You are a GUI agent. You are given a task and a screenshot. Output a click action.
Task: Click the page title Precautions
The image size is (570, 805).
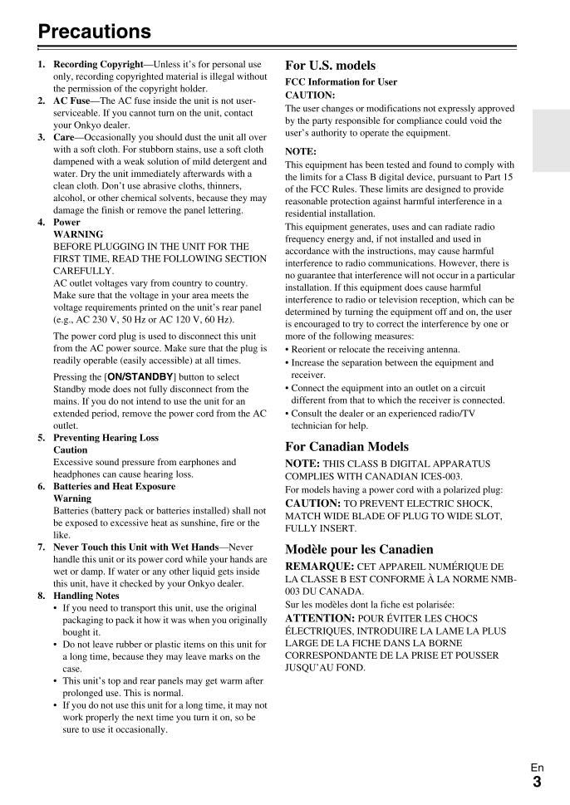point(95,32)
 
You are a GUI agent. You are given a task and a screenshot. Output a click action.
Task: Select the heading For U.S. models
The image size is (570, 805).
point(330,65)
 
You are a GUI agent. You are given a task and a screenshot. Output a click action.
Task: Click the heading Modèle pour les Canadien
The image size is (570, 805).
point(358,549)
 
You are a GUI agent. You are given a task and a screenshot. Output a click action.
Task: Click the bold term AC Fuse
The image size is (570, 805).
point(71,101)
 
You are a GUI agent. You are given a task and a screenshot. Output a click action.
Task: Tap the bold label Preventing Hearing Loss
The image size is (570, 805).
point(106,438)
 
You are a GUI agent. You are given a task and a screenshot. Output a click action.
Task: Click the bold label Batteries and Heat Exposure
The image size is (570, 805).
point(114,486)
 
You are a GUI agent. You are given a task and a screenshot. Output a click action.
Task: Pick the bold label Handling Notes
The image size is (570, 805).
point(86,596)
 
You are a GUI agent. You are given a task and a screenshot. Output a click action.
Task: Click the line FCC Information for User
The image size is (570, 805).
point(341,82)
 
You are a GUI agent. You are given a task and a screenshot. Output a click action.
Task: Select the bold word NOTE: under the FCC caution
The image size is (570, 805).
point(301,151)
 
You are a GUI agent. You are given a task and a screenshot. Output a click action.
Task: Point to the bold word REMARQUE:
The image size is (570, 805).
point(319,566)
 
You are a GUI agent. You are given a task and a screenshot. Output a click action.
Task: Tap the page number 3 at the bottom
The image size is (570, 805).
point(537,781)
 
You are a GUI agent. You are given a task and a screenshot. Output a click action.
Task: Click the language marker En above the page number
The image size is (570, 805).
point(537,768)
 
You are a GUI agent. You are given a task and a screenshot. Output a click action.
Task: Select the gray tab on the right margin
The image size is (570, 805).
point(551,141)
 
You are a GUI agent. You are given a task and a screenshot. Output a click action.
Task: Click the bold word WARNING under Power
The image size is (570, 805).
point(77,234)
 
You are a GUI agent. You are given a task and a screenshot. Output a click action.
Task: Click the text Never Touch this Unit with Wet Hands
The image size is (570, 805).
point(135,547)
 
